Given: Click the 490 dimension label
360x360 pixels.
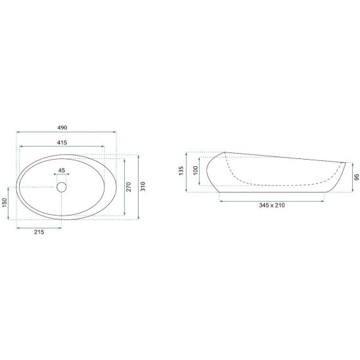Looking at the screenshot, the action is (62, 127).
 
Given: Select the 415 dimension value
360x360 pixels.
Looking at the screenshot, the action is (62, 143).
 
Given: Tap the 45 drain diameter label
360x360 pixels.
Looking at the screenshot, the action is (62, 170).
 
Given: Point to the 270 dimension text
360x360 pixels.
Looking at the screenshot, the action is (129, 187).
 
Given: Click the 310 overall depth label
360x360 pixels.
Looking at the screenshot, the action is (143, 187).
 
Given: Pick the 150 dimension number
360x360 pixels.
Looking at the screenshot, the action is (5, 203).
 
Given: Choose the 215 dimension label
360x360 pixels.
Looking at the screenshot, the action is (39, 232).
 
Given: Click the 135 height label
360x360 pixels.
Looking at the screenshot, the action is (181, 171).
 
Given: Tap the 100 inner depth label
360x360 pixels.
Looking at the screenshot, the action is (195, 171).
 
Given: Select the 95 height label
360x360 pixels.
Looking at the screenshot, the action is (357, 177).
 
